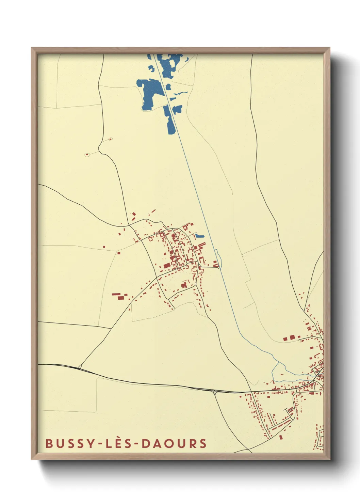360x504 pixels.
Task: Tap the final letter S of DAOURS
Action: coord(203,443)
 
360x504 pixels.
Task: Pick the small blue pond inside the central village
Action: coord(199,236)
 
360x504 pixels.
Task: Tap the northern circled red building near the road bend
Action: coord(110,139)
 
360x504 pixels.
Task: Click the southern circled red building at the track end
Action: coord(87,155)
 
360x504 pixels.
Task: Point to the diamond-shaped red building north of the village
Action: coord(134,214)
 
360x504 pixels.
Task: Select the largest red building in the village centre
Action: coord(167,266)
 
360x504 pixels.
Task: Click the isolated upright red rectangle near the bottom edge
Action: coord(281,437)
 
